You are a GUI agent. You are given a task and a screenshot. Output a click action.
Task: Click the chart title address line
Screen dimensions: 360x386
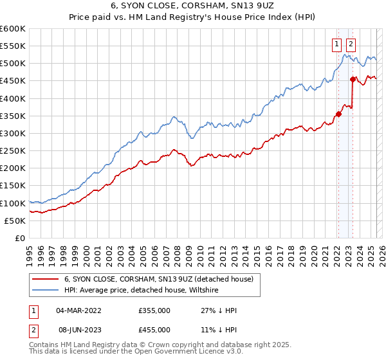point(192,6)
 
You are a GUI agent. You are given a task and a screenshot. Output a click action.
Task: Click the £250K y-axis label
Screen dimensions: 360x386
point(13,151)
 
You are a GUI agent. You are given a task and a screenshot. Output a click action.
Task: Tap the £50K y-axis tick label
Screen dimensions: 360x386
point(15,221)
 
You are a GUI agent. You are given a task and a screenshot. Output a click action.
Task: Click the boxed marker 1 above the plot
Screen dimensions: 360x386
point(336,44)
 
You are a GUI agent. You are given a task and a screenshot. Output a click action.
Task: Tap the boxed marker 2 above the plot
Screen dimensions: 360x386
point(351,44)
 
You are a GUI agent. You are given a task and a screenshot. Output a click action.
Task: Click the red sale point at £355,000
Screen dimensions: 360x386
point(338,114)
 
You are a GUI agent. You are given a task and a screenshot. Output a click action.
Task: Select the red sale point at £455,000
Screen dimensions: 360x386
point(353,80)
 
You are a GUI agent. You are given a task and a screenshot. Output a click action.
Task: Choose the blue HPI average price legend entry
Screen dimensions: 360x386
point(142,291)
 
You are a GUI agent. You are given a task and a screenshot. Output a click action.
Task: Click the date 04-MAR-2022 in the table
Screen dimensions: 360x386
point(78,310)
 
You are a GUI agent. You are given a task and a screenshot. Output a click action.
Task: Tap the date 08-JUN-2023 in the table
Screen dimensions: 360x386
point(78,329)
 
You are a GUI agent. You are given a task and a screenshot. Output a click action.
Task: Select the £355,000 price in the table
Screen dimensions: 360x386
point(154,310)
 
